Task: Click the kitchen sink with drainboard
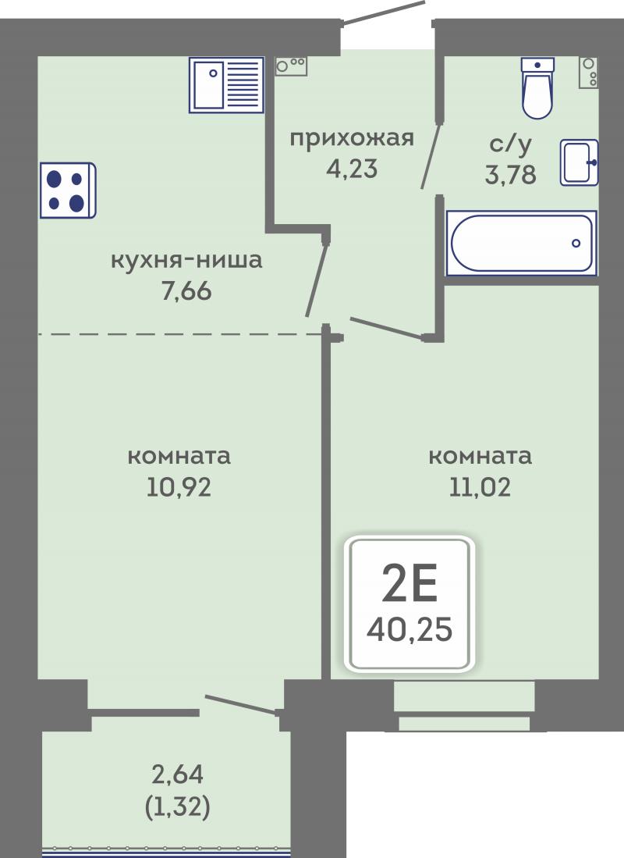pyautogui.click(x=226, y=85)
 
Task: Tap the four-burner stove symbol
pyautogui.click(x=68, y=190)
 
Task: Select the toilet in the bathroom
pyautogui.click(x=537, y=88)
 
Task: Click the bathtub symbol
pyautogui.click(x=522, y=243)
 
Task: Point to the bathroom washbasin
pyautogui.click(x=580, y=162)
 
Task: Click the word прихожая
pyautogui.click(x=352, y=138)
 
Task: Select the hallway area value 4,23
pyautogui.click(x=352, y=169)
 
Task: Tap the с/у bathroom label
pyautogui.click(x=510, y=144)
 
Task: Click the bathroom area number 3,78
pyautogui.click(x=510, y=175)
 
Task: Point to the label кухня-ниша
pyautogui.click(x=186, y=260)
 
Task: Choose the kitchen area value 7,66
pyautogui.click(x=186, y=291)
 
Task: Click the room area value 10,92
pyautogui.click(x=179, y=487)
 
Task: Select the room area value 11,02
pyautogui.click(x=480, y=487)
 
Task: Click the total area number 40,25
pyautogui.click(x=409, y=629)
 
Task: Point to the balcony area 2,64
pyautogui.click(x=177, y=774)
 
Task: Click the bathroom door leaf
pyautogui.click(x=431, y=155)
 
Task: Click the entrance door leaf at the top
pyautogui.click(x=383, y=12)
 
